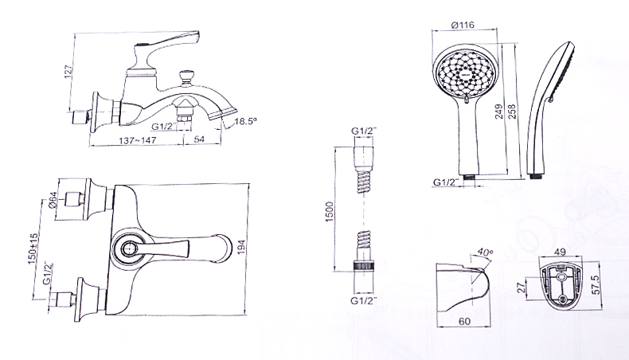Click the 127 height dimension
click(x=68, y=71)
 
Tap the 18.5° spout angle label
click(x=245, y=121)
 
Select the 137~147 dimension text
click(x=138, y=140)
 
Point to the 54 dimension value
click(x=199, y=139)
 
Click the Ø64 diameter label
click(x=52, y=199)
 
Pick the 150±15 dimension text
click(x=33, y=248)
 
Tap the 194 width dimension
click(x=241, y=246)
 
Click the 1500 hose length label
click(x=330, y=212)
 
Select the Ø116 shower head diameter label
click(x=463, y=25)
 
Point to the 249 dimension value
click(x=499, y=112)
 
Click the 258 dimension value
click(x=512, y=112)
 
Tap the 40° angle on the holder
click(x=486, y=252)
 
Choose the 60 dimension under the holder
click(x=464, y=322)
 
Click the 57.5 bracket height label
click(x=596, y=284)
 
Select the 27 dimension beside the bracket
click(x=521, y=288)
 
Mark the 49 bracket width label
click(x=560, y=252)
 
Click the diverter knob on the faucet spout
click(x=186, y=77)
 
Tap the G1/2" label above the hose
click(x=364, y=131)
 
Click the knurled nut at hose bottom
click(x=364, y=267)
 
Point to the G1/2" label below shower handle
click(x=446, y=182)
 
